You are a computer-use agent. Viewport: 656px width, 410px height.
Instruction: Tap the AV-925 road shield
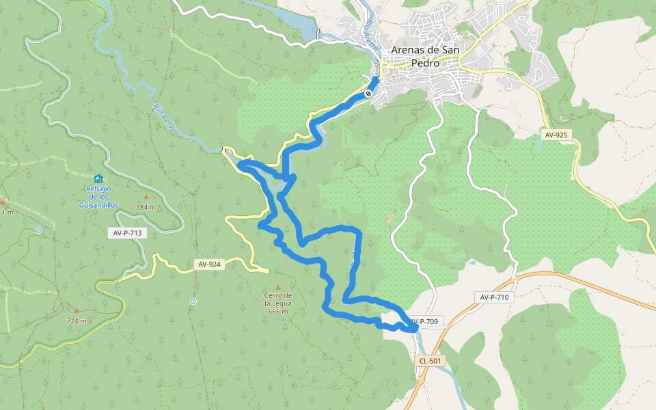[x=556, y=135]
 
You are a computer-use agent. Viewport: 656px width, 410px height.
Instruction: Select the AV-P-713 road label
[x=128, y=233]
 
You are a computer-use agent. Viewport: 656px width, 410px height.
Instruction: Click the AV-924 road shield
[x=209, y=264]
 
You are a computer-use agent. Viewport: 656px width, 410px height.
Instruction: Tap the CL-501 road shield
[x=430, y=360]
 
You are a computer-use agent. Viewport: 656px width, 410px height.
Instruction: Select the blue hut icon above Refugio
[x=98, y=178]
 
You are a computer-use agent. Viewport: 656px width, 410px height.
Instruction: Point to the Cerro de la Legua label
[x=277, y=303]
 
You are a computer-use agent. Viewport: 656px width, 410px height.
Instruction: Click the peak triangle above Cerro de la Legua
[x=277, y=288]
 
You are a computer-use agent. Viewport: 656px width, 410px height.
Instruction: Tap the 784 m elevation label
[x=146, y=207]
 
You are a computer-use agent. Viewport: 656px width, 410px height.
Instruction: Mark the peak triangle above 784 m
[x=146, y=197]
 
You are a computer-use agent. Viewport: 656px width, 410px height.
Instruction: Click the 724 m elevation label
[x=77, y=321]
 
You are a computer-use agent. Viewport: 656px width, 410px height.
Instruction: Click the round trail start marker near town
[x=369, y=93]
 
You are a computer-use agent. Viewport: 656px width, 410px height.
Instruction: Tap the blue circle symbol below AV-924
[x=193, y=301]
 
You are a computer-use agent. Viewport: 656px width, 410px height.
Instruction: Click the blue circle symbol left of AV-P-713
[x=39, y=230]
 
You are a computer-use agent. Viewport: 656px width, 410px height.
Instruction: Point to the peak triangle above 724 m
[x=76, y=310]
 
